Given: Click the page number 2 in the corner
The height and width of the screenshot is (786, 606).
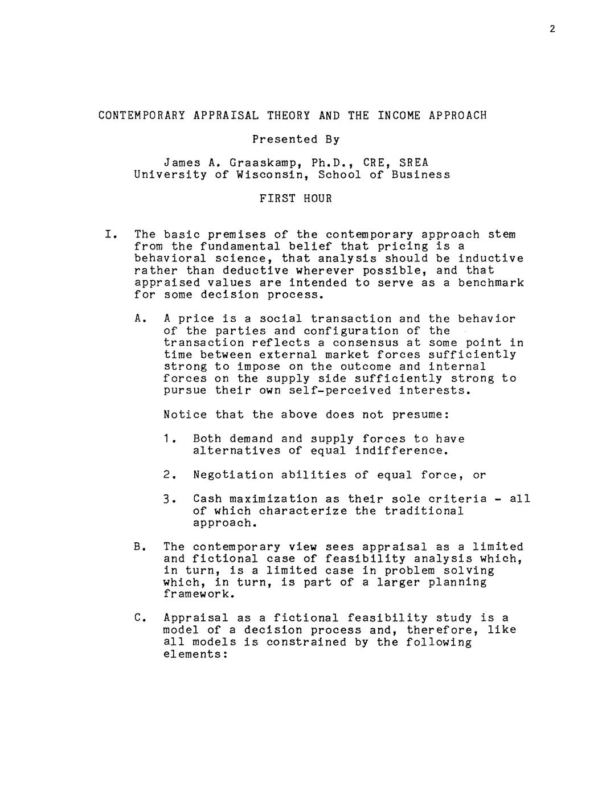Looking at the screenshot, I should point(552,29).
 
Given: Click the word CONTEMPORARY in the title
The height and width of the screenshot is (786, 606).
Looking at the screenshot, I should point(141,116).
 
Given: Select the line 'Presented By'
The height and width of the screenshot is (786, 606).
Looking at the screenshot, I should point(296,139).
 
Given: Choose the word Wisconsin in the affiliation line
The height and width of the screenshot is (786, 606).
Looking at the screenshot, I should point(269,175).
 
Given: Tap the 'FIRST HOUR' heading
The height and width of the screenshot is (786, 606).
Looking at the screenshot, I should point(296,199).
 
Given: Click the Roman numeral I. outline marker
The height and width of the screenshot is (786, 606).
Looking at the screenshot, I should point(111,235).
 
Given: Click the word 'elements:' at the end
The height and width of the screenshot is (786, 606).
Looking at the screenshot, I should point(195,654).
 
